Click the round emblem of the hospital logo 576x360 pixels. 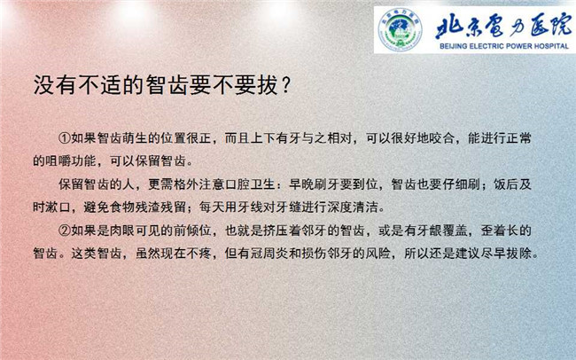(x=400, y=29)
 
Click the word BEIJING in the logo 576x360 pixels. (x=454, y=46)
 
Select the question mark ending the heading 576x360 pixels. (x=286, y=85)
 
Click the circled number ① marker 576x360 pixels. (x=65, y=138)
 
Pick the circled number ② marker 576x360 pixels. (x=65, y=231)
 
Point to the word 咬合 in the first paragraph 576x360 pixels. (x=442, y=138)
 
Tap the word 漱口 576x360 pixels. (x=58, y=207)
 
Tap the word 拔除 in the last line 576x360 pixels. (x=518, y=254)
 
